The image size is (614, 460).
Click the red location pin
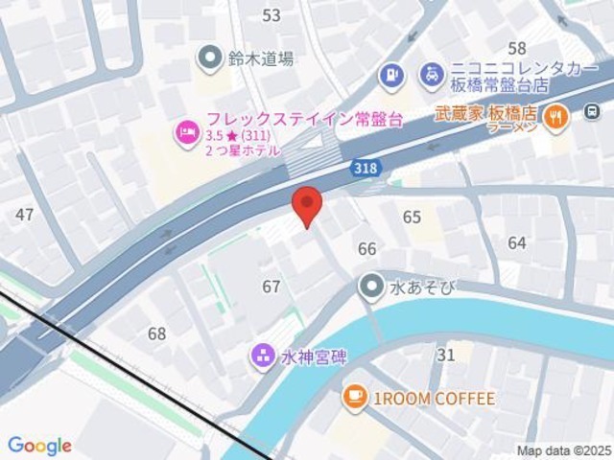[x=306, y=204]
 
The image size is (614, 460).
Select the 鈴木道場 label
[x=259, y=58]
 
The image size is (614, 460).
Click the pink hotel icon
[x=183, y=131]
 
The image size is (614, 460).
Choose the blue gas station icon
[x=390, y=72]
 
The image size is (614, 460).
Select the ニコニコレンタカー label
[x=510, y=69]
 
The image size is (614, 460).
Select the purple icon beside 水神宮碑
[x=262, y=357]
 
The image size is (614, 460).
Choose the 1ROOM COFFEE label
[x=434, y=398]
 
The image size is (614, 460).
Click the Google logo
[x=39, y=446]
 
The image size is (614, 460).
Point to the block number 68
[x=156, y=333]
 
